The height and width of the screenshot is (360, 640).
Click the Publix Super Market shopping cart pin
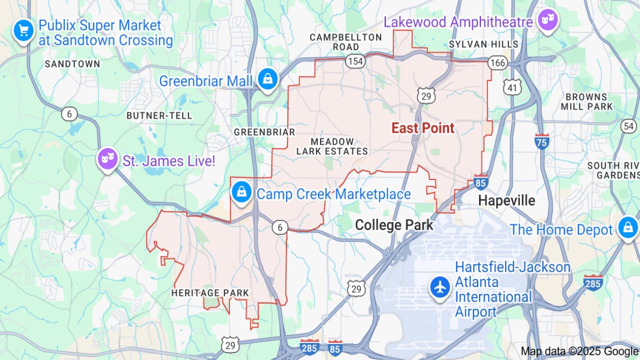point(23,31)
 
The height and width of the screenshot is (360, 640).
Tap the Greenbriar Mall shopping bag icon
point(268,78)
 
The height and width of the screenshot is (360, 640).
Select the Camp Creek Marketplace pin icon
point(242,191)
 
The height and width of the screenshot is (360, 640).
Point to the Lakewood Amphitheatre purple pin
point(548,20)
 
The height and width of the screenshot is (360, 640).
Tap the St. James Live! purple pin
point(107,158)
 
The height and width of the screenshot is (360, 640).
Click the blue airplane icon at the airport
point(440,287)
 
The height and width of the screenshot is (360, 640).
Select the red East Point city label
point(423,128)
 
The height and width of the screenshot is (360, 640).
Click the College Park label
point(394,225)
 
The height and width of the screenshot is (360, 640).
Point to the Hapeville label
point(506,200)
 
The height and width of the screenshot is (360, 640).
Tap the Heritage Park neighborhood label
point(210,292)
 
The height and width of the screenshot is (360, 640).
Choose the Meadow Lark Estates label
point(331,146)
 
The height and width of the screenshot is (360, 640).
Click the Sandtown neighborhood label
point(72,64)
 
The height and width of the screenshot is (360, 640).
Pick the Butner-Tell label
point(159,115)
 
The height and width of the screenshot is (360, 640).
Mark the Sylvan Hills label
point(483,44)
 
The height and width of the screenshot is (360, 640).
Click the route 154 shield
point(354,61)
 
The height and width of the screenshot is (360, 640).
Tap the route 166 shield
point(497,62)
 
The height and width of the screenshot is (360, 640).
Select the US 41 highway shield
point(512,87)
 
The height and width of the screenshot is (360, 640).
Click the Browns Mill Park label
point(586,101)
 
